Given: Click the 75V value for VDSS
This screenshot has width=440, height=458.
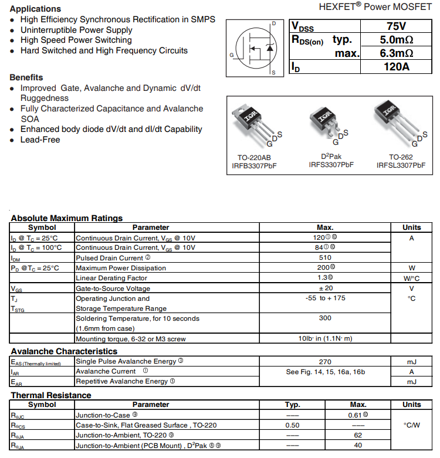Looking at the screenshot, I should [397, 26].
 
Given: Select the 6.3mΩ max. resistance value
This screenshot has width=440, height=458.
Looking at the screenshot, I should [397, 53].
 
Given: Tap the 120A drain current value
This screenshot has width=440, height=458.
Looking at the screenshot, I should [397, 67].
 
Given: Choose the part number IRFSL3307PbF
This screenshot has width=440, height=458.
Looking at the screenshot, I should [401, 166].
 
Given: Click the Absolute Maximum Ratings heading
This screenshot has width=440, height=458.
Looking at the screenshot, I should [67, 218].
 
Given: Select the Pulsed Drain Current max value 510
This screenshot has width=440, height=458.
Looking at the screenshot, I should [324, 258].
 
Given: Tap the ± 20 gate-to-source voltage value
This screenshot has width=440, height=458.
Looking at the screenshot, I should [324, 289].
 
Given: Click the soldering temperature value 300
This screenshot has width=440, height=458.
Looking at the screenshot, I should [324, 318].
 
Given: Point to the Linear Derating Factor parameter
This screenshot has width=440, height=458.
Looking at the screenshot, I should [111, 278].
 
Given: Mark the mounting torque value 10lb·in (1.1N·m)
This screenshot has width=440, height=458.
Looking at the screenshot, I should [324, 339].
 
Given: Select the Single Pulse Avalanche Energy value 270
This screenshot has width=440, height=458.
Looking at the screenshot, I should [324, 362].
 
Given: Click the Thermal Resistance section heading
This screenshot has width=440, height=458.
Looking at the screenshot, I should [51, 395].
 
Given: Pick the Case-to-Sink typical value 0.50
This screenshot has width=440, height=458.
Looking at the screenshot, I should [292, 425].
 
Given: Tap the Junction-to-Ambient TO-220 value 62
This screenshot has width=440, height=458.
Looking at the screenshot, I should [358, 436].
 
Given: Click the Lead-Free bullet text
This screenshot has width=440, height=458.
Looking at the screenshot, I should [40, 140].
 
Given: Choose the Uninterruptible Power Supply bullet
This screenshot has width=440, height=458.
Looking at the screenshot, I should [76, 30].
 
